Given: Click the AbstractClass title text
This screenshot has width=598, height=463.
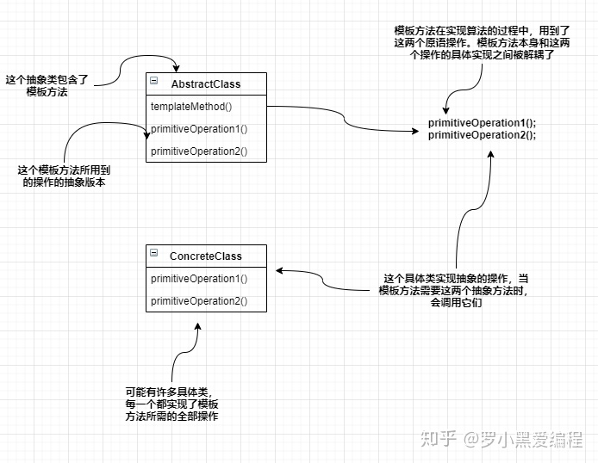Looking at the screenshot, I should coord(206,84).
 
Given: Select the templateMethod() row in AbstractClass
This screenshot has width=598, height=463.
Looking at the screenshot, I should coord(191,107).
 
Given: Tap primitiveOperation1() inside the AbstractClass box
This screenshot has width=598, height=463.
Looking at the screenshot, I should coord(198,129).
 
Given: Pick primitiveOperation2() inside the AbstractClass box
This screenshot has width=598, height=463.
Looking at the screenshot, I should coord(198,151).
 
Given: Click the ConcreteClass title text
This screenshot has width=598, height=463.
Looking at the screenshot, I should coord(206,256).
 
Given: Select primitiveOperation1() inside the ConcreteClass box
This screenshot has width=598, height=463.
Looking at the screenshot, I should coord(198,279).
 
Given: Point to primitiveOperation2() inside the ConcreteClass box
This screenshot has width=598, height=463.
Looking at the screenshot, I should coord(198,301).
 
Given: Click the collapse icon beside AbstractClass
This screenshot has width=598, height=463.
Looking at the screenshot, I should coord(154,81).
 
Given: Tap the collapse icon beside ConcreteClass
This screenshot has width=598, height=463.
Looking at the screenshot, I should coord(154,253).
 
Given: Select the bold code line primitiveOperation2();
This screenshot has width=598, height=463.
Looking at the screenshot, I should coord(482,135).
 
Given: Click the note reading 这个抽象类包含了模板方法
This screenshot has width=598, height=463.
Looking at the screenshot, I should coord(47,85).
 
